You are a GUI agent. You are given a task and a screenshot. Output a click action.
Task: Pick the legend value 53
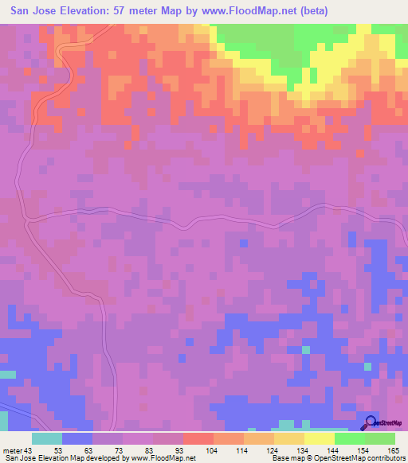coord(58,450)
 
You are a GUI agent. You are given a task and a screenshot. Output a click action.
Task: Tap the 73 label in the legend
coord(119,450)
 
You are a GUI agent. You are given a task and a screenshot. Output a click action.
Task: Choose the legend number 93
coord(179,450)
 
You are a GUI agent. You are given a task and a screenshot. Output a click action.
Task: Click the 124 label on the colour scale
coord(270,450)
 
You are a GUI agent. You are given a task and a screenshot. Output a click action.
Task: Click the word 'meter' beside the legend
coord(12,450)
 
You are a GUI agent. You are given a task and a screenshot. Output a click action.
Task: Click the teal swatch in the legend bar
coord(47,438)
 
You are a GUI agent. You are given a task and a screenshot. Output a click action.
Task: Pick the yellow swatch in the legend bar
coord(320,438)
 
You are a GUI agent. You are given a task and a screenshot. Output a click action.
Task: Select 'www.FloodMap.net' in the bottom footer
coord(164,458)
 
